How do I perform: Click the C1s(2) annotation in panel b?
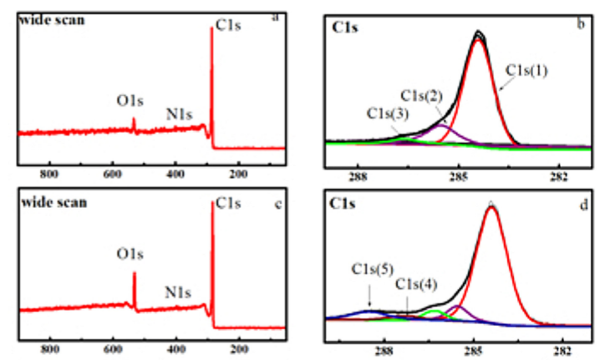421,96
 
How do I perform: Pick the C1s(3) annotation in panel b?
387,113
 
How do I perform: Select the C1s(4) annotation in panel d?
414,284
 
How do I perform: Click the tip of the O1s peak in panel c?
135,273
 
